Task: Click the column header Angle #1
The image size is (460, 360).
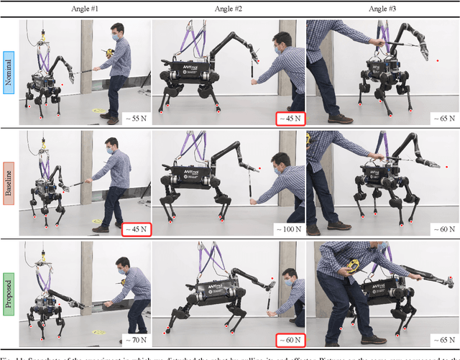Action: click(85, 9)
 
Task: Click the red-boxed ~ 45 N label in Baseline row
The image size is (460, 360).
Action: click(134, 229)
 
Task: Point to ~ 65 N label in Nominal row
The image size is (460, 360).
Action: click(441, 119)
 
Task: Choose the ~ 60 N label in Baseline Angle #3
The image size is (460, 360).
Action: click(441, 229)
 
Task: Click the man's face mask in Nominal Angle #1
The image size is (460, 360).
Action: click(114, 36)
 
